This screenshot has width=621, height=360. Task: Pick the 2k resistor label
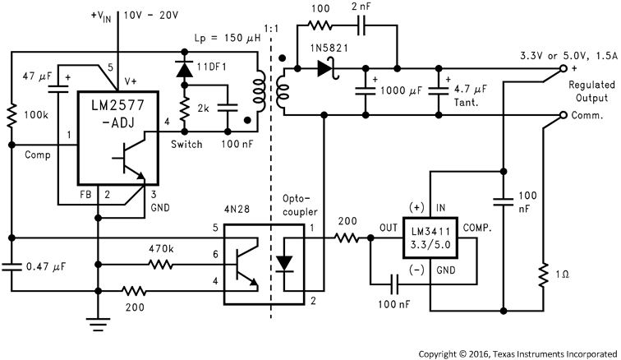point(204,108)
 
